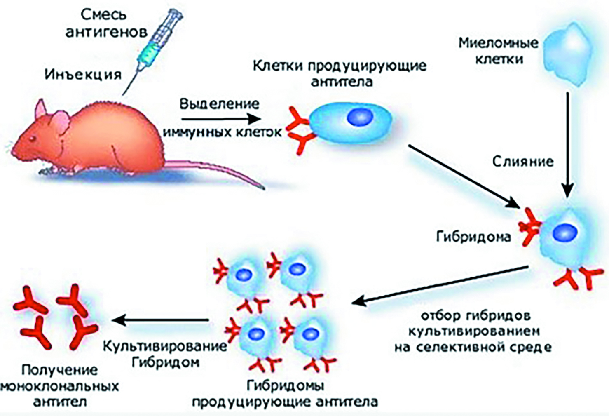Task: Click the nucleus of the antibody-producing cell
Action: (x=360, y=117)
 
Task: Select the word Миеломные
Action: (x=499, y=43)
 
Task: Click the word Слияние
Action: (x=523, y=161)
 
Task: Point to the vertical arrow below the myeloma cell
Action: (x=568, y=144)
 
